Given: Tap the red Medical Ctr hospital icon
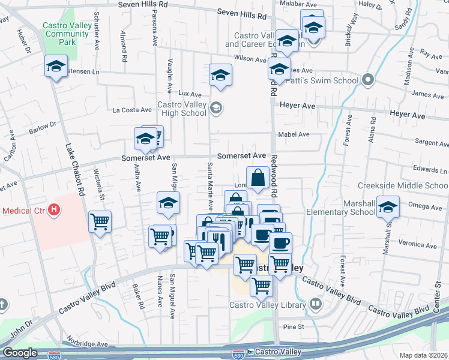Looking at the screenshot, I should [x=54, y=210].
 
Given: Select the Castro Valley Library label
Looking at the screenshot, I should [x=268, y=305].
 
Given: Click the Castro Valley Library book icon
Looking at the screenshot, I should [x=315, y=304].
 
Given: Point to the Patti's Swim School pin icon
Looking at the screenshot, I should [x=368, y=80].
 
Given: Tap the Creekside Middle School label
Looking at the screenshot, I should [x=403, y=185].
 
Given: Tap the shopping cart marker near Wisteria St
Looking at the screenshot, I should [x=100, y=221].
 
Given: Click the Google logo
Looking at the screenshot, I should [x=20, y=353].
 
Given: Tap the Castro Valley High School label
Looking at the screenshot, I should [x=181, y=109].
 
